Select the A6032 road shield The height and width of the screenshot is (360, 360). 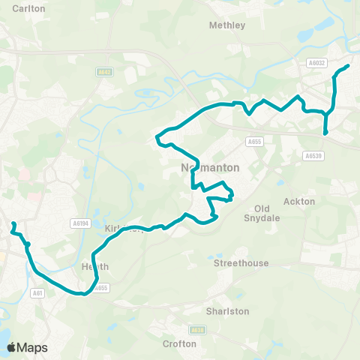(316, 64)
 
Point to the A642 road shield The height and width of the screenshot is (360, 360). (103, 72)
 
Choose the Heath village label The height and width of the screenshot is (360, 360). (95, 266)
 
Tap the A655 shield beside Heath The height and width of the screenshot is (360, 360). (101, 287)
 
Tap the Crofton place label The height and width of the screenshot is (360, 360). (179, 343)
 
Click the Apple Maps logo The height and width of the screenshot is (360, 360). (27, 347)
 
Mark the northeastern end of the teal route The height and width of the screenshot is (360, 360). (349, 66)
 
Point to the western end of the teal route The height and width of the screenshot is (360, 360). (13, 223)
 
